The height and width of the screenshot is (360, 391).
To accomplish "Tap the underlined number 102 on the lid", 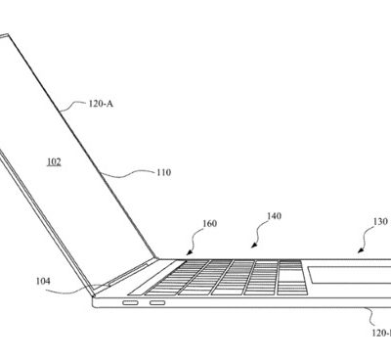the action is tap(54, 161).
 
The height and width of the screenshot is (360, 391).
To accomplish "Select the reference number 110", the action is tap(163, 173).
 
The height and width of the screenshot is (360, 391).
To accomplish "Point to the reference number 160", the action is tap(210, 223).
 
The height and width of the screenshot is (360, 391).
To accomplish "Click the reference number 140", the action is tap(274, 216).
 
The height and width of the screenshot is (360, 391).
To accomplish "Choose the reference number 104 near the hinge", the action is tap(43, 282).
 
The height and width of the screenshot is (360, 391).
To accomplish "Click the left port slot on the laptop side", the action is tap(131, 303).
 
